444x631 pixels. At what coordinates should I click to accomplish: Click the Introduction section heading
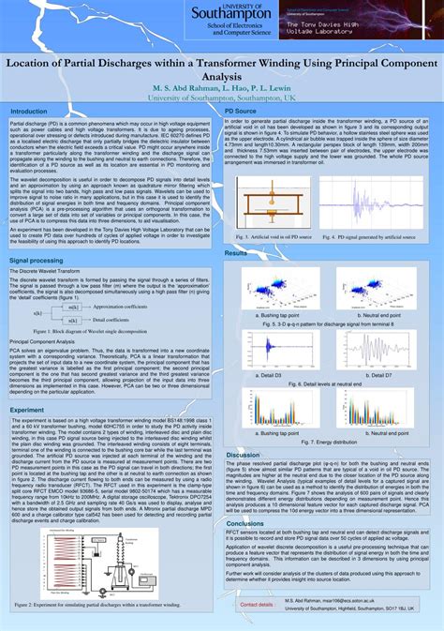(35, 111)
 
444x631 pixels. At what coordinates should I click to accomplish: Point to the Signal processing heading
(37, 260)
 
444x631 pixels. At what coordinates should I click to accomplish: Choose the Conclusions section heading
(245, 524)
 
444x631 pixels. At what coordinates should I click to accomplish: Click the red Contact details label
(257, 605)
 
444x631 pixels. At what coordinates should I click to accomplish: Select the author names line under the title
(221, 87)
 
